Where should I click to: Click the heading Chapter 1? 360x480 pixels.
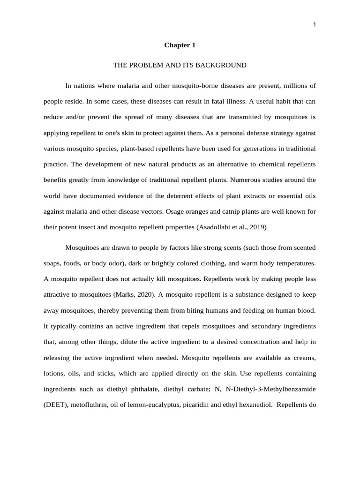tap(180, 45)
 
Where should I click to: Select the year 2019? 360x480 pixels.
tap(256, 227)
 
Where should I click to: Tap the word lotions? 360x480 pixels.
tap(54, 374)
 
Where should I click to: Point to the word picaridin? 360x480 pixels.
tap(200, 405)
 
